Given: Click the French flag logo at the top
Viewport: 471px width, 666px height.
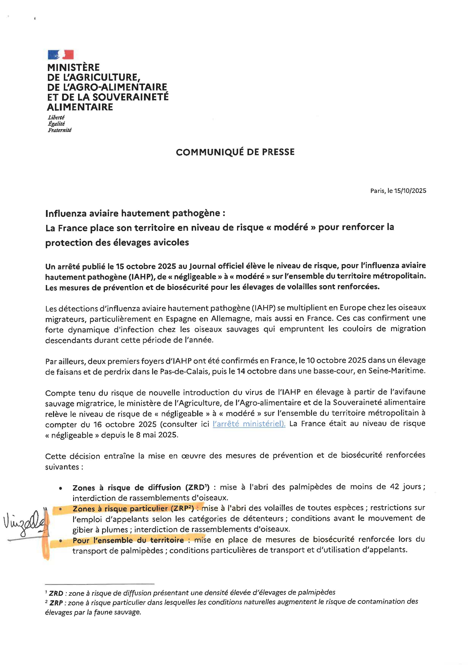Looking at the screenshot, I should pos(61,55).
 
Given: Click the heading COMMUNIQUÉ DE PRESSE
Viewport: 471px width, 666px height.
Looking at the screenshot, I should pos(235,152).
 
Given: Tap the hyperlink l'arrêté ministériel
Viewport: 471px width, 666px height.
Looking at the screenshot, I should pos(249,424).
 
